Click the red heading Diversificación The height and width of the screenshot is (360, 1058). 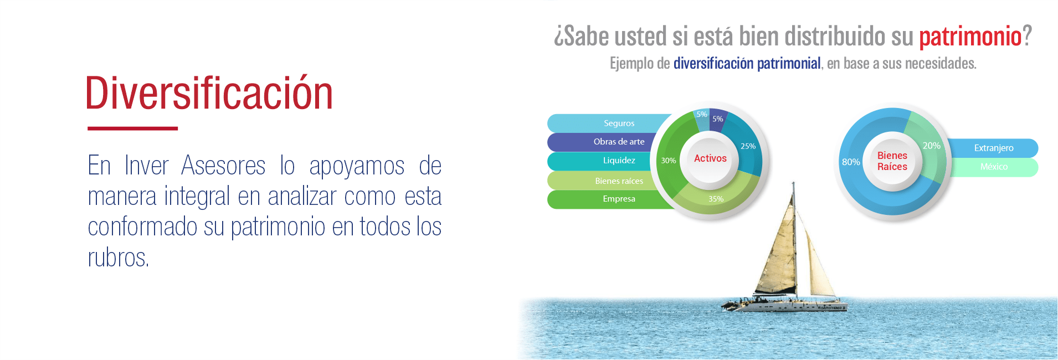[209, 93]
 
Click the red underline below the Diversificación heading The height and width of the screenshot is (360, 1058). [132, 128]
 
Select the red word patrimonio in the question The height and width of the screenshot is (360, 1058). [970, 37]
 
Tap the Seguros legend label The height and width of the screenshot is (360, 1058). [619, 124]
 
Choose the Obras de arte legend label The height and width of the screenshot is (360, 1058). [619, 142]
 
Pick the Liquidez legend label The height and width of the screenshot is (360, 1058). [619, 161]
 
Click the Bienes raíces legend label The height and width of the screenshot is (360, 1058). [619, 181]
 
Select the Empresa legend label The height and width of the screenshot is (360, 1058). [619, 199]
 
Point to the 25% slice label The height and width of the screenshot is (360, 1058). [748, 146]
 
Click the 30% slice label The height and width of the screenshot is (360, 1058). [668, 161]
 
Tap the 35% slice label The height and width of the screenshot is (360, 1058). [716, 199]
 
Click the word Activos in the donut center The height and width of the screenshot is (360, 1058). [710, 158]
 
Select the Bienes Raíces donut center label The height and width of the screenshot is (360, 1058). [892, 161]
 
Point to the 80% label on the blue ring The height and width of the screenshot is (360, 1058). [851, 162]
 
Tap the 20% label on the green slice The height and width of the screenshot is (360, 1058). [931, 146]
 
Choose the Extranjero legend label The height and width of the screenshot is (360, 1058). [994, 148]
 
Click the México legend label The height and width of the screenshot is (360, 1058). [994, 167]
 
